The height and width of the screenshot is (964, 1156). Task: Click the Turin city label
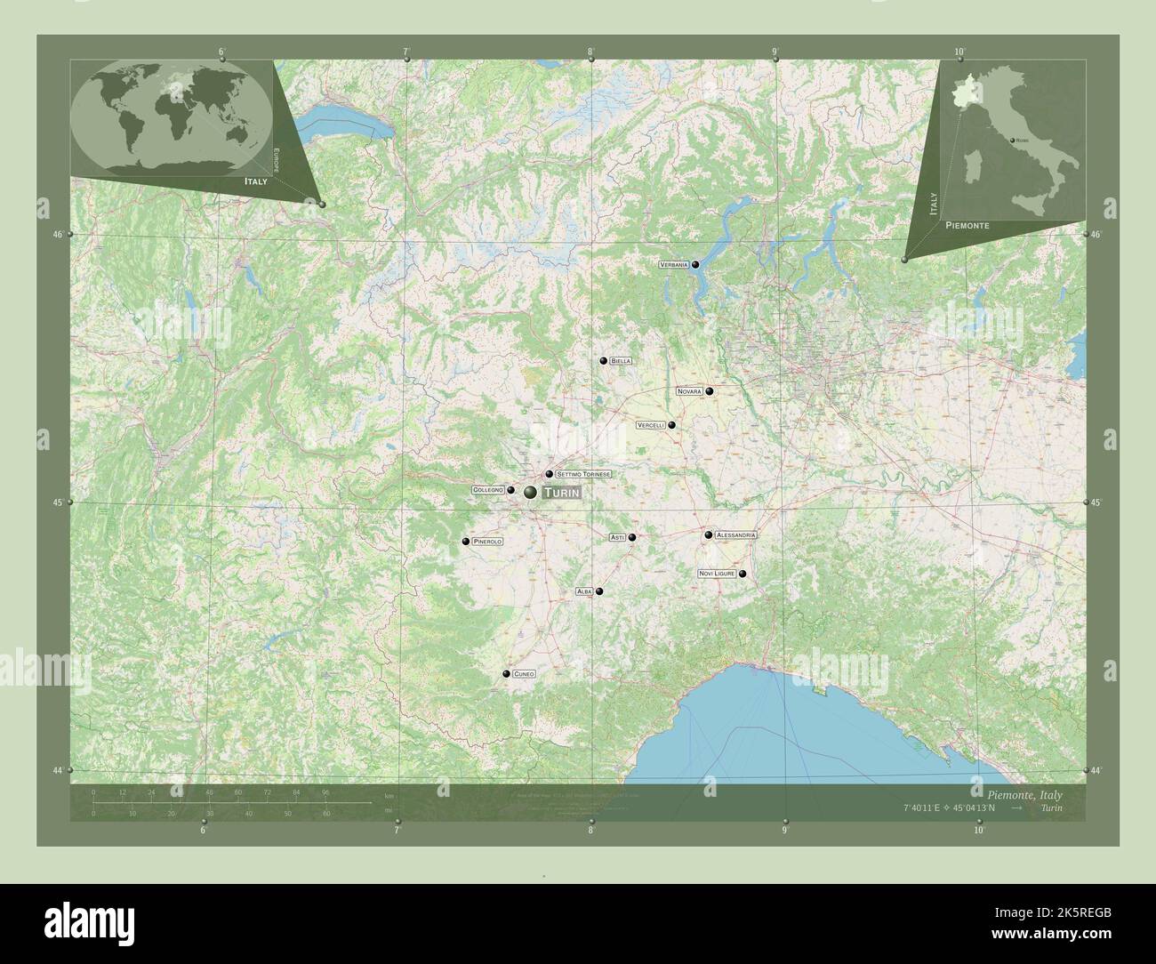[x=561, y=493]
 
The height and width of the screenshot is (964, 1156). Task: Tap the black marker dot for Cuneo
[x=506, y=675]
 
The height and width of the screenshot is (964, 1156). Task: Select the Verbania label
[x=673, y=265]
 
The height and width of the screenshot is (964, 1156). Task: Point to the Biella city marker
[x=604, y=361]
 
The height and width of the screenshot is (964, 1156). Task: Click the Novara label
[x=689, y=391]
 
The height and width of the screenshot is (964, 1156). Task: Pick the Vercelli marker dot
[x=672, y=425]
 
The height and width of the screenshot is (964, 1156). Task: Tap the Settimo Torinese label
[x=583, y=474]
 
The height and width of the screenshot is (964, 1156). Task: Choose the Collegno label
[x=488, y=490]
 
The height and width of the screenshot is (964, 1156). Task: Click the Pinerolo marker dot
[x=466, y=542]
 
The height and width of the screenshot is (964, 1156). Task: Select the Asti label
[x=617, y=537]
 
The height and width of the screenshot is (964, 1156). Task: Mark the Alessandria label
[x=735, y=535]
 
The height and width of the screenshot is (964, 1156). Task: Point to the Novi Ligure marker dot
[x=743, y=574]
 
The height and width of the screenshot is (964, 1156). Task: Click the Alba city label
[x=583, y=591]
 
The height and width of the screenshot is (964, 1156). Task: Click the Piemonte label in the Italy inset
[x=967, y=226]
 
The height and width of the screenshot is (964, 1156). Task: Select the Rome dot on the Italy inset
[x=1013, y=140]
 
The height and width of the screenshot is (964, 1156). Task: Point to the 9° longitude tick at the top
[x=775, y=60]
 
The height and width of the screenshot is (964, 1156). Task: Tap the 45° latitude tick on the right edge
[x=1087, y=502]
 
